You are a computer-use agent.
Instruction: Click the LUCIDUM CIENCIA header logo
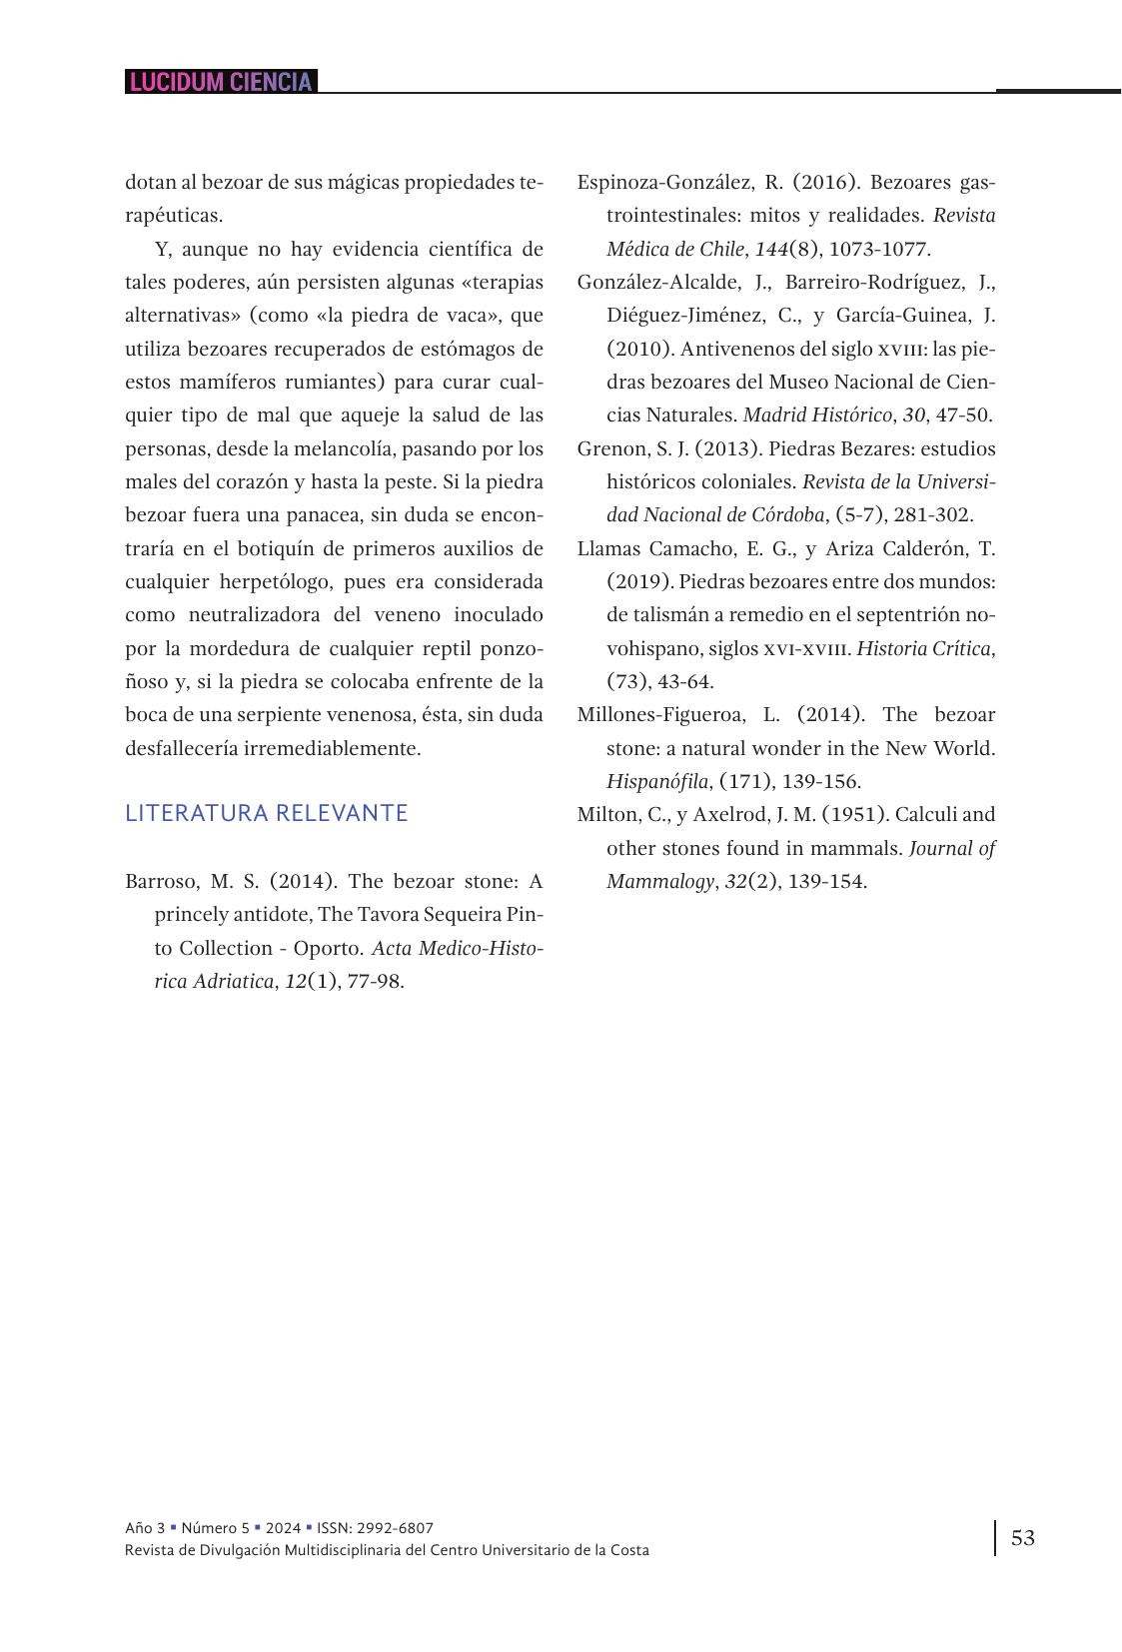click(x=221, y=82)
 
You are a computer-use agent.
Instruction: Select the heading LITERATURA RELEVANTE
click(x=267, y=813)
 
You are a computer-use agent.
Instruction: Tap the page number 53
click(x=1023, y=1537)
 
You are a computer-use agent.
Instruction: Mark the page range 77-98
click(x=376, y=981)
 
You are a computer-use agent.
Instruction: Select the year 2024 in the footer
click(x=283, y=1528)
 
